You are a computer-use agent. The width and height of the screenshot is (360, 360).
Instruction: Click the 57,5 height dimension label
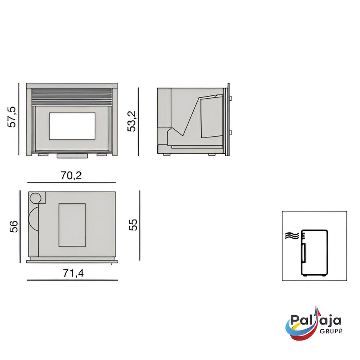12,117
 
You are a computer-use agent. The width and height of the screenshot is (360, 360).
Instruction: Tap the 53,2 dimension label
132,121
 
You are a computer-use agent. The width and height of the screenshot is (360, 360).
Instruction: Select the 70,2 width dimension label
71,176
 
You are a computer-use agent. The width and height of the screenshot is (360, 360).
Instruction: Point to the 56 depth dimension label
14,226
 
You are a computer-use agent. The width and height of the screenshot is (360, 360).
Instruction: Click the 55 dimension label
133,225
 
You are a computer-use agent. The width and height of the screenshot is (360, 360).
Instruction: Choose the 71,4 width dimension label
73,273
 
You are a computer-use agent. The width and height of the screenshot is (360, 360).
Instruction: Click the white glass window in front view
72,126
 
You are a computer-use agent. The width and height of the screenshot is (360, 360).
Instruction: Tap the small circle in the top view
35,198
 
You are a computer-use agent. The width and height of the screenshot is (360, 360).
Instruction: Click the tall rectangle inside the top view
72,225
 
